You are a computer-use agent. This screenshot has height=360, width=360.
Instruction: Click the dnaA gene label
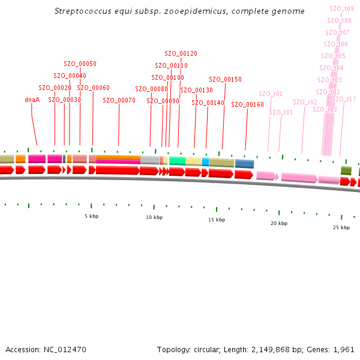(x=32, y=100)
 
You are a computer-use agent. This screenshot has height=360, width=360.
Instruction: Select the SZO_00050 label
(x=80, y=64)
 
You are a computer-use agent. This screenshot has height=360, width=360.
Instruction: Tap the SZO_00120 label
(x=181, y=53)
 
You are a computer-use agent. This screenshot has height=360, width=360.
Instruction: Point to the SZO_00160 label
(x=247, y=104)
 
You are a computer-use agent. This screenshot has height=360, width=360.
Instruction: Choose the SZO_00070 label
(x=119, y=100)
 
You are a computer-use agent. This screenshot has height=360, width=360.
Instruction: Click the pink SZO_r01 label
(x=271, y=94)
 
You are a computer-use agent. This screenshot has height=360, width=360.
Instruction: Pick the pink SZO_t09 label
(x=342, y=8)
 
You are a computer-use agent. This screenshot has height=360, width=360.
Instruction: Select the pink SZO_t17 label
(x=344, y=99)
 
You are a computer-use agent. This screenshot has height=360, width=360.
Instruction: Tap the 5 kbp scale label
(x=91, y=216)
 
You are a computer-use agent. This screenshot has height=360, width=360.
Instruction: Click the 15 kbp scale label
(x=217, y=220)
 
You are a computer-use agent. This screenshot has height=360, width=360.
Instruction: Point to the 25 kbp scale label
(x=341, y=228)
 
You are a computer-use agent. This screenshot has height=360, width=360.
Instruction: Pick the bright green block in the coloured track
(x=177, y=161)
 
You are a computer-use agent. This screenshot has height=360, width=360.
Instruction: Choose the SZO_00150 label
(x=225, y=79)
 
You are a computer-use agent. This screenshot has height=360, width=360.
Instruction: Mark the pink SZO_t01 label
(x=281, y=112)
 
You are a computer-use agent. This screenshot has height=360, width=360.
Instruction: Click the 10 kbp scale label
(x=154, y=217)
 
